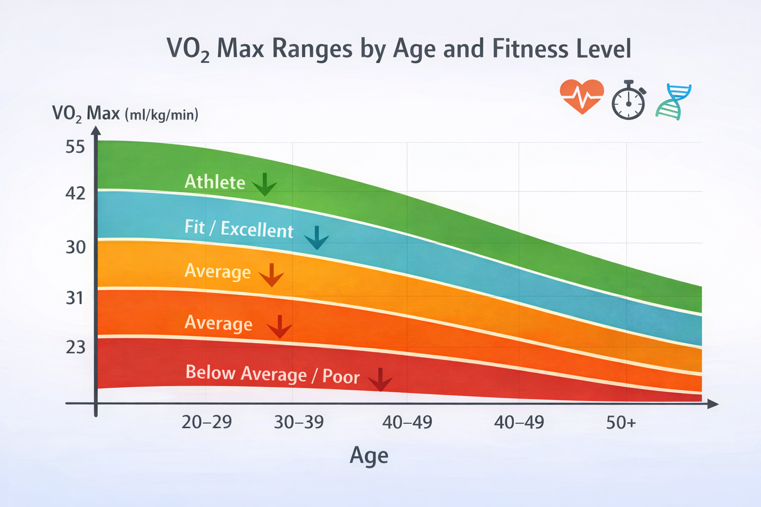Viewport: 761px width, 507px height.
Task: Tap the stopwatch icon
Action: point(628,101)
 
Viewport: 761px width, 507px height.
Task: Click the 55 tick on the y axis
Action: point(75,147)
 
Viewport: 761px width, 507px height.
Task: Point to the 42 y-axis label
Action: point(75,194)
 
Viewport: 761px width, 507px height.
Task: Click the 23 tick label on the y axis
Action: point(75,348)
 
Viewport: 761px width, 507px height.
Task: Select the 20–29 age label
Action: point(207,422)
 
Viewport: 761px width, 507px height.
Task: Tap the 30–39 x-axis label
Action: point(299,422)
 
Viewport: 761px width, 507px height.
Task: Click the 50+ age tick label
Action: point(621,423)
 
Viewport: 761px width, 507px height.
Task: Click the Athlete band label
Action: point(215,182)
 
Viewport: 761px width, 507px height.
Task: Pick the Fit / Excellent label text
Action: point(239,229)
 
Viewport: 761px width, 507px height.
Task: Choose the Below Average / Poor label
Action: point(272,374)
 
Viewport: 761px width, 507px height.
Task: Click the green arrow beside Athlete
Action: point(265,185)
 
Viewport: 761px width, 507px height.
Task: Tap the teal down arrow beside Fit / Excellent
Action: point(317,238)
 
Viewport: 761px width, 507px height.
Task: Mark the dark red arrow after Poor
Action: point(380,380)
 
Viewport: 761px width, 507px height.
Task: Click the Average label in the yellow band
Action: point(217,272)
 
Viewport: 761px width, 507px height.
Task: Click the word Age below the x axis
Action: point(369,456)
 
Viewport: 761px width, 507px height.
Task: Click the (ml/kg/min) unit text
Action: point(162,115)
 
